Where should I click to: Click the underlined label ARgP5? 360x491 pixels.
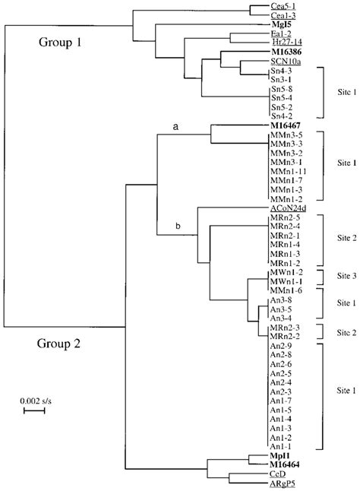pos(283,483)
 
